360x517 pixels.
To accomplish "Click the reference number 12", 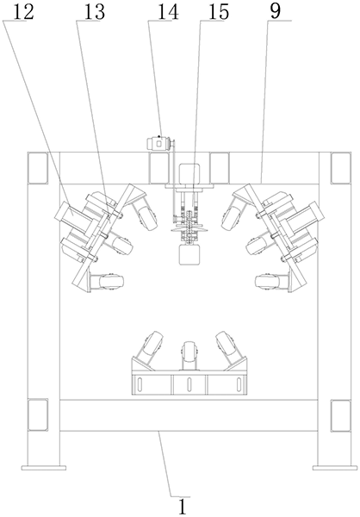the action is tap(24, 11).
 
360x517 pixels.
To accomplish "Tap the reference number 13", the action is tap(95, 11).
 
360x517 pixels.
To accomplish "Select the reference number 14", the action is tap(168, 11).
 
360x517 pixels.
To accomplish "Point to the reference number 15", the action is tap(219, 11).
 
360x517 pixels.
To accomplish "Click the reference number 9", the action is tap(275, 11).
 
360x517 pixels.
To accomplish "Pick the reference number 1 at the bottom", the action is tap(183, 506).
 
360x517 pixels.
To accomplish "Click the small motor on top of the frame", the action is tap(159, 143).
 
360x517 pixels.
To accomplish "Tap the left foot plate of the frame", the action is tap(44, 468).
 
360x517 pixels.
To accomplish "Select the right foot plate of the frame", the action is tap(335, 468).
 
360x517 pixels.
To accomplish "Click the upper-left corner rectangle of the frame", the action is tap(38, 168).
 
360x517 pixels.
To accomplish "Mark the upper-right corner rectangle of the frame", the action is tap(340, 168).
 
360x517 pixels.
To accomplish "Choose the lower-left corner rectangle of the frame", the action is tap(38, 414).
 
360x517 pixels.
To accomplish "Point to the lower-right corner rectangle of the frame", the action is tap(340, 414).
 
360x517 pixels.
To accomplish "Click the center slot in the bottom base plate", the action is tap(189, 384).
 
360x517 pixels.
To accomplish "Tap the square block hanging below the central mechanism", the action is tap(189, 255).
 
